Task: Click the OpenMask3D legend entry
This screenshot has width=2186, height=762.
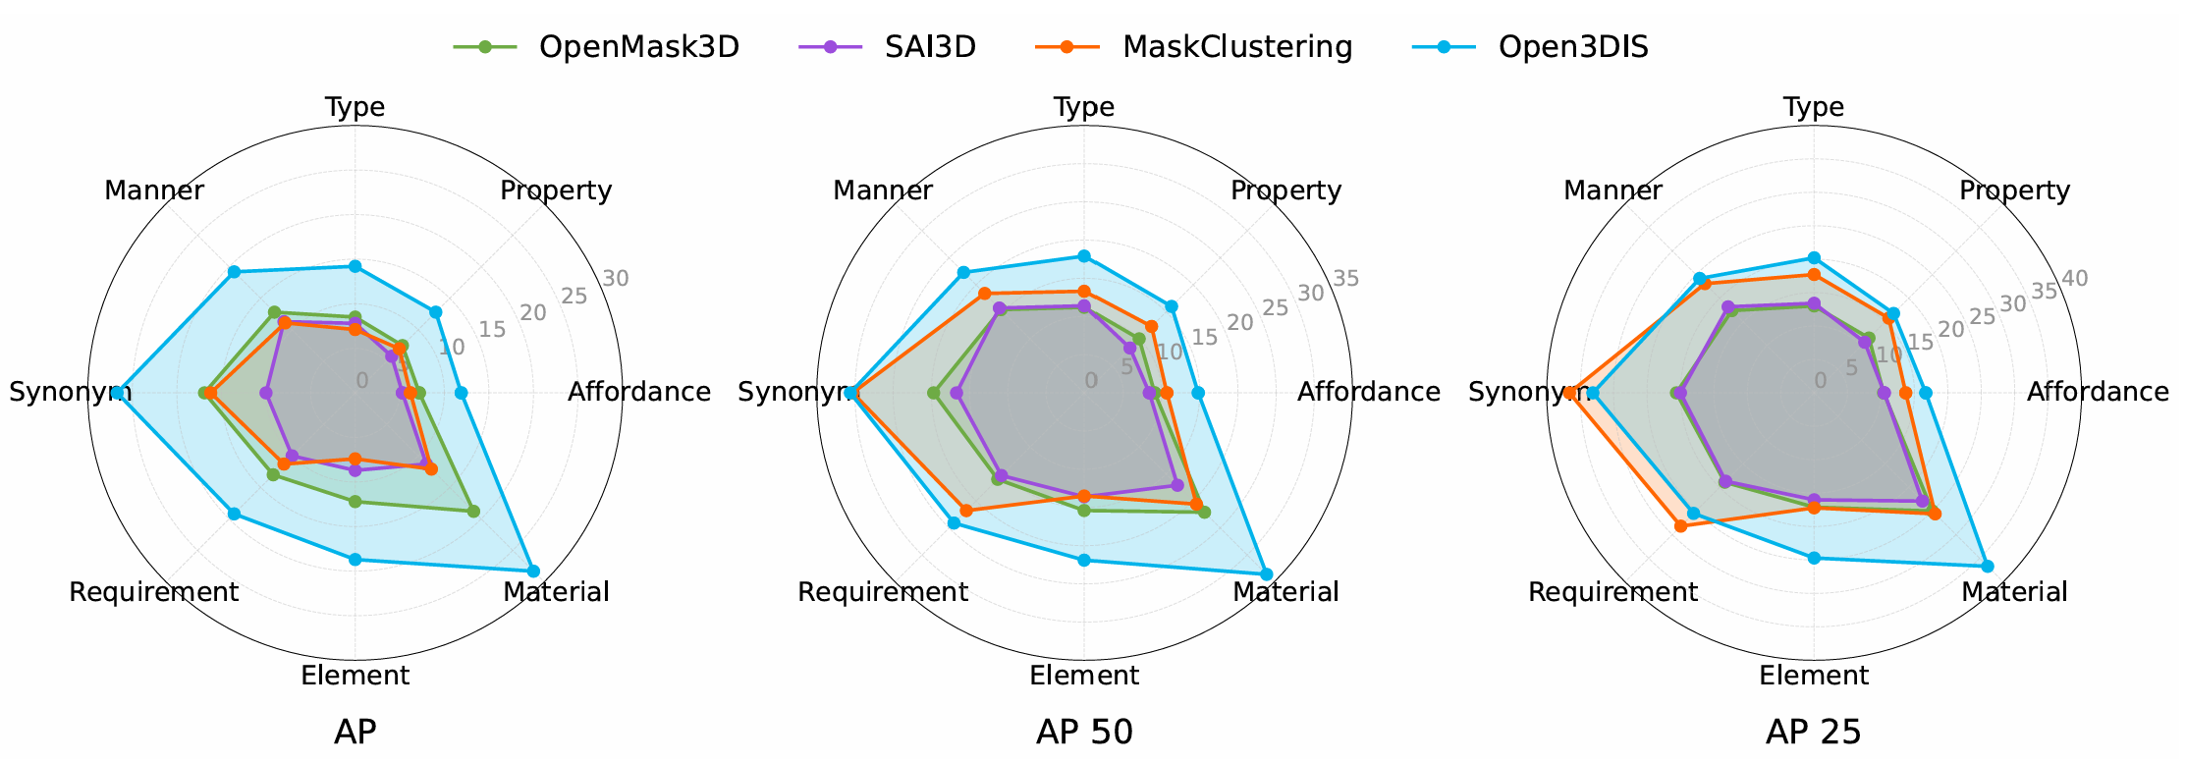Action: click(638, 46)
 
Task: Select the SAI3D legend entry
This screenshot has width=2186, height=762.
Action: click(929, 46)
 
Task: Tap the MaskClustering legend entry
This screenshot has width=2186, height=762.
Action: click(1236, 46)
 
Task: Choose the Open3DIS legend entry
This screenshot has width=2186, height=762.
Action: click(1572, 46)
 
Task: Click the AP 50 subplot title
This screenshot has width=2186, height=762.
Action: click(1084, 732)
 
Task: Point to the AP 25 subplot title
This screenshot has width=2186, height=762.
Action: click(1813, 732)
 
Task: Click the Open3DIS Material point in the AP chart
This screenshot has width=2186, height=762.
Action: click(533, 571)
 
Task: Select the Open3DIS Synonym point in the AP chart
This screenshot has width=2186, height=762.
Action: click(116, 393)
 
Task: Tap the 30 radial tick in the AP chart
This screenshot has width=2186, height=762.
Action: click(616, 279)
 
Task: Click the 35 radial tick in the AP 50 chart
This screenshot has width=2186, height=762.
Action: click(1345, 279)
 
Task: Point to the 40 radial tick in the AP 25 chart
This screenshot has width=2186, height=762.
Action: click(2074, 279)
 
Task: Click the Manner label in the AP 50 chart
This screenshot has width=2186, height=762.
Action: click(882, 190)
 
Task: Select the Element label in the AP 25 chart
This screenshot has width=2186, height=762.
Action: click(1813, 676)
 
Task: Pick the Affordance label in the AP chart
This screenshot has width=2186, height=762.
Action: click(638, 393)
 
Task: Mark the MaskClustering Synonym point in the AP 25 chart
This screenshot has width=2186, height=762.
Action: click(1569, 393)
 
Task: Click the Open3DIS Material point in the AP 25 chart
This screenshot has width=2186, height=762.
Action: click(1988, 566)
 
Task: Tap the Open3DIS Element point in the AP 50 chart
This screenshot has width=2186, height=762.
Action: click(1084, 560)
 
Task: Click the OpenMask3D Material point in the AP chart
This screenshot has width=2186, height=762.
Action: click(473, 511)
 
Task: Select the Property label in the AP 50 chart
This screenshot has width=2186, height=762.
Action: click(1285, 190)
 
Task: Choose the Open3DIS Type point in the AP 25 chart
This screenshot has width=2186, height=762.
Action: click(1814, 258)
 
